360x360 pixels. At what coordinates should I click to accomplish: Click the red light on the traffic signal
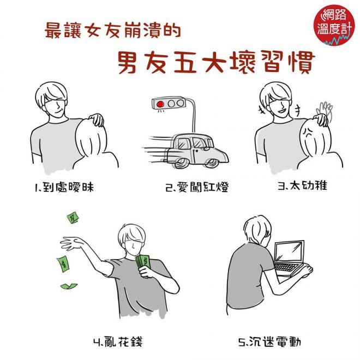pos(160,104)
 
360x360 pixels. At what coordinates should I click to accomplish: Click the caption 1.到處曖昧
pos(64,187)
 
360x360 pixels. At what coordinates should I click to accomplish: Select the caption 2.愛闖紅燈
pos(197,187)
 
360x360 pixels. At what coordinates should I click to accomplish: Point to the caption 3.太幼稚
pos(303,185)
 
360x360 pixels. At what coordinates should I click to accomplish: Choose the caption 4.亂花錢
pos(118,342)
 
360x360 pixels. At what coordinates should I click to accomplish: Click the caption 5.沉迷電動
pos(269,342)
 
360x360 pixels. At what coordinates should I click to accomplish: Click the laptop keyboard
pos(286,267)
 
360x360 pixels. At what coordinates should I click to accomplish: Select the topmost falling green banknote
pos(73,218)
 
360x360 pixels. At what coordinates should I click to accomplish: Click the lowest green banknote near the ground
pos(69,286)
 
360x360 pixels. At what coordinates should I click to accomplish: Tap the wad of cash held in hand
pos(143,262)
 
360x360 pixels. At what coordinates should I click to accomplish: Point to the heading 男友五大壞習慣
pos(216,62)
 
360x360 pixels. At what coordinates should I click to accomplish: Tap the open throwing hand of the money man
pos(71,244)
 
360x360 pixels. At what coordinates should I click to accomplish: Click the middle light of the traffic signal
pos(171,104)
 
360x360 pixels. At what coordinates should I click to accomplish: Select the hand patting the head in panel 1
pos(97,119)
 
